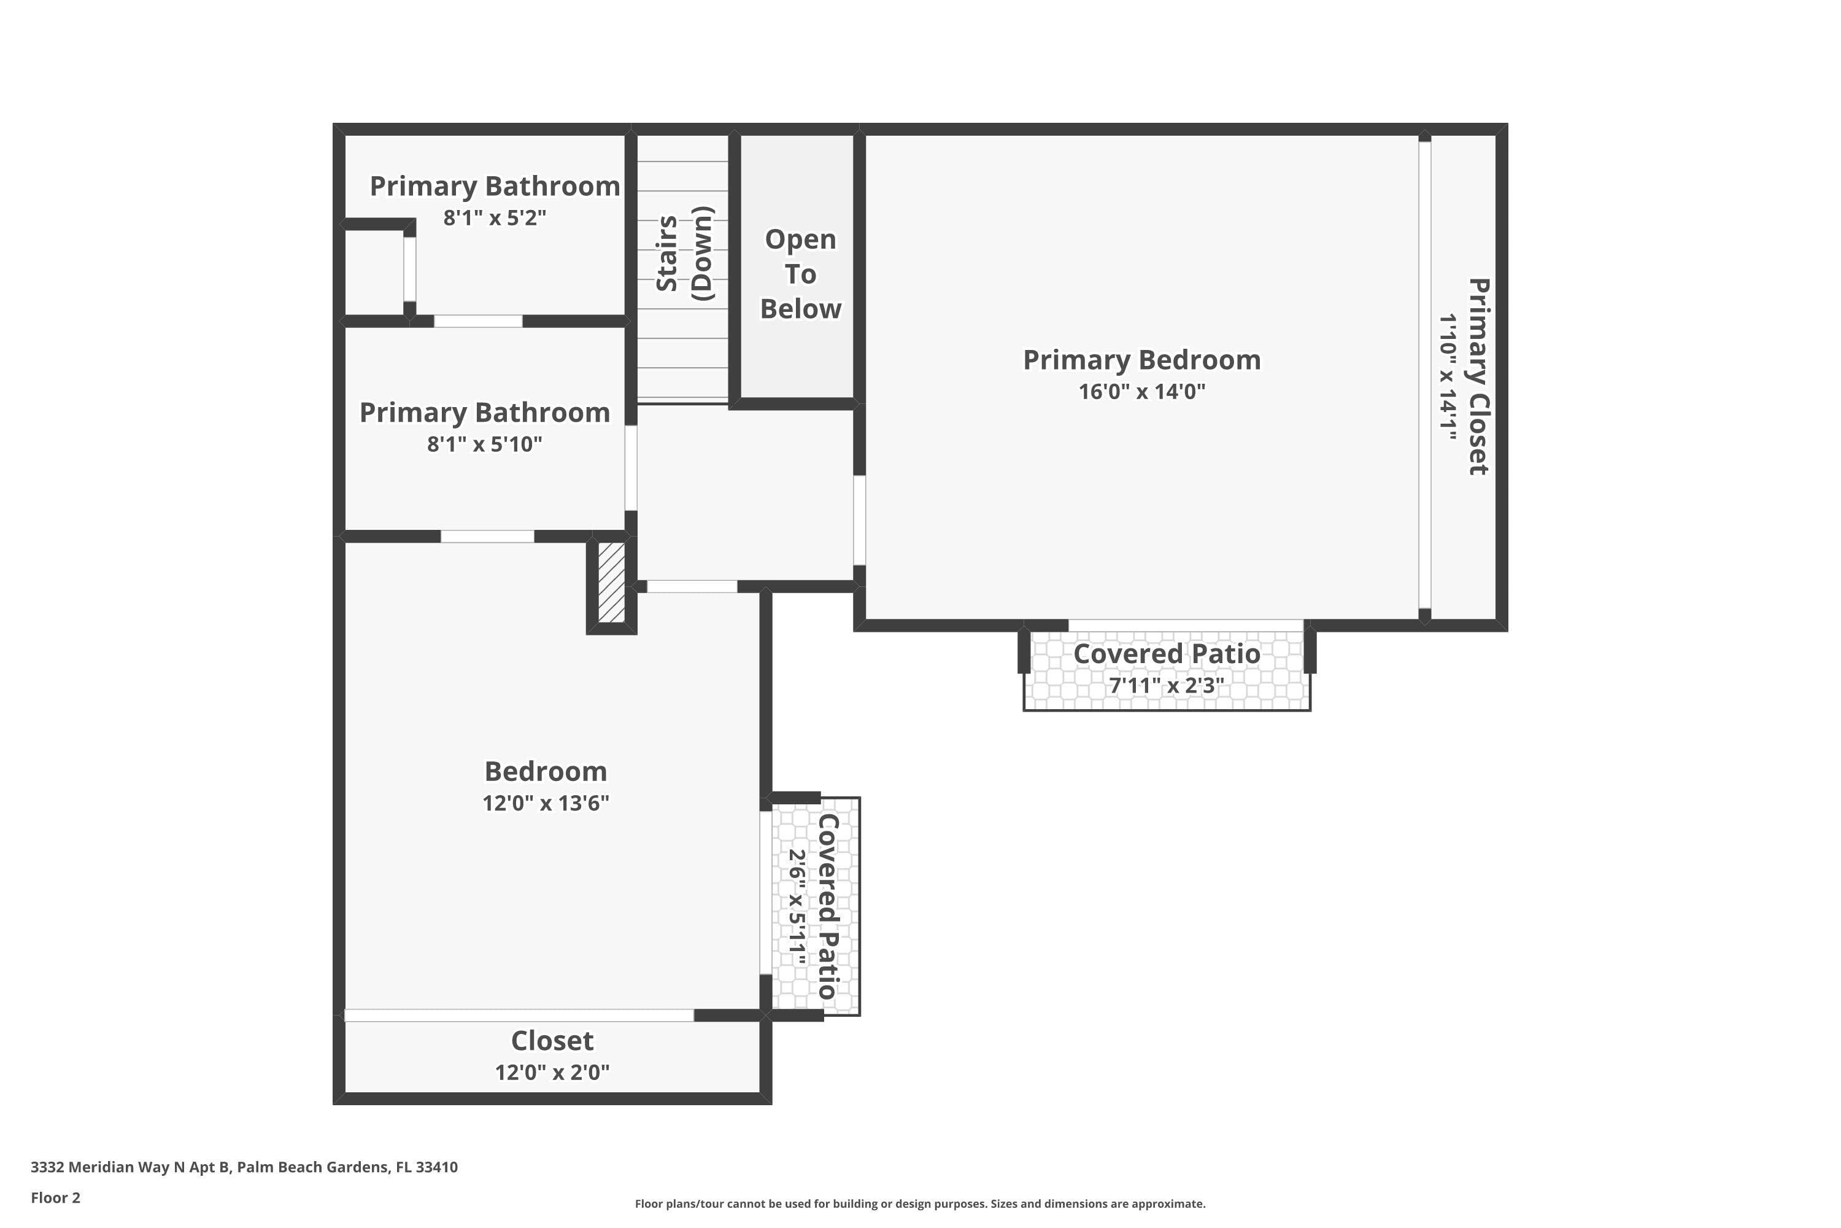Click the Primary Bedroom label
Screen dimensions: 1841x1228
point(1142,360)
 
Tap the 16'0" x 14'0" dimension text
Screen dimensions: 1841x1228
point(1142,392)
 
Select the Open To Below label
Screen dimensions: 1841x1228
point(800,274)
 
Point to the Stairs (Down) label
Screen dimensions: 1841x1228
point(684,253)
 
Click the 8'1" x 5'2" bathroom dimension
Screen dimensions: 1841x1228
point(495,218)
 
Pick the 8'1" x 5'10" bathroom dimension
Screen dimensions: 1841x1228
point(485,445)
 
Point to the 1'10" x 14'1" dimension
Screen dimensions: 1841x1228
point(1448,377)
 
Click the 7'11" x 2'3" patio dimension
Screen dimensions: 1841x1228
point(1167,686)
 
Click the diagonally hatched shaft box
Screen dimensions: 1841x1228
point(611,583)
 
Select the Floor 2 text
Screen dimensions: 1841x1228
point(56,1197)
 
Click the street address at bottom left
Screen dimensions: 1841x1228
point(244,1167)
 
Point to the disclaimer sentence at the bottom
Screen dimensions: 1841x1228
point(920,1203)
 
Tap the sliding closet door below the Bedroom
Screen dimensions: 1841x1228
point(519,1016)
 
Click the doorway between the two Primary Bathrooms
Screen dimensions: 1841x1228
point(478,321)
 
